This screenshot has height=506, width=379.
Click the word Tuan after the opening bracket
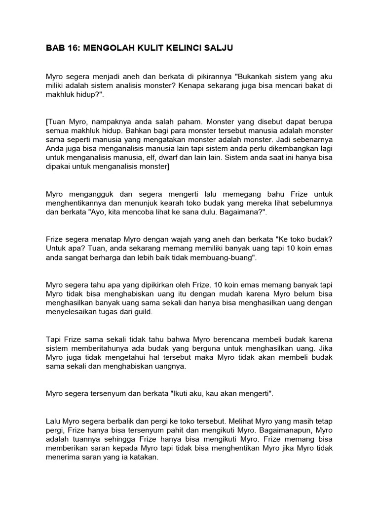pos(58,121)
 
